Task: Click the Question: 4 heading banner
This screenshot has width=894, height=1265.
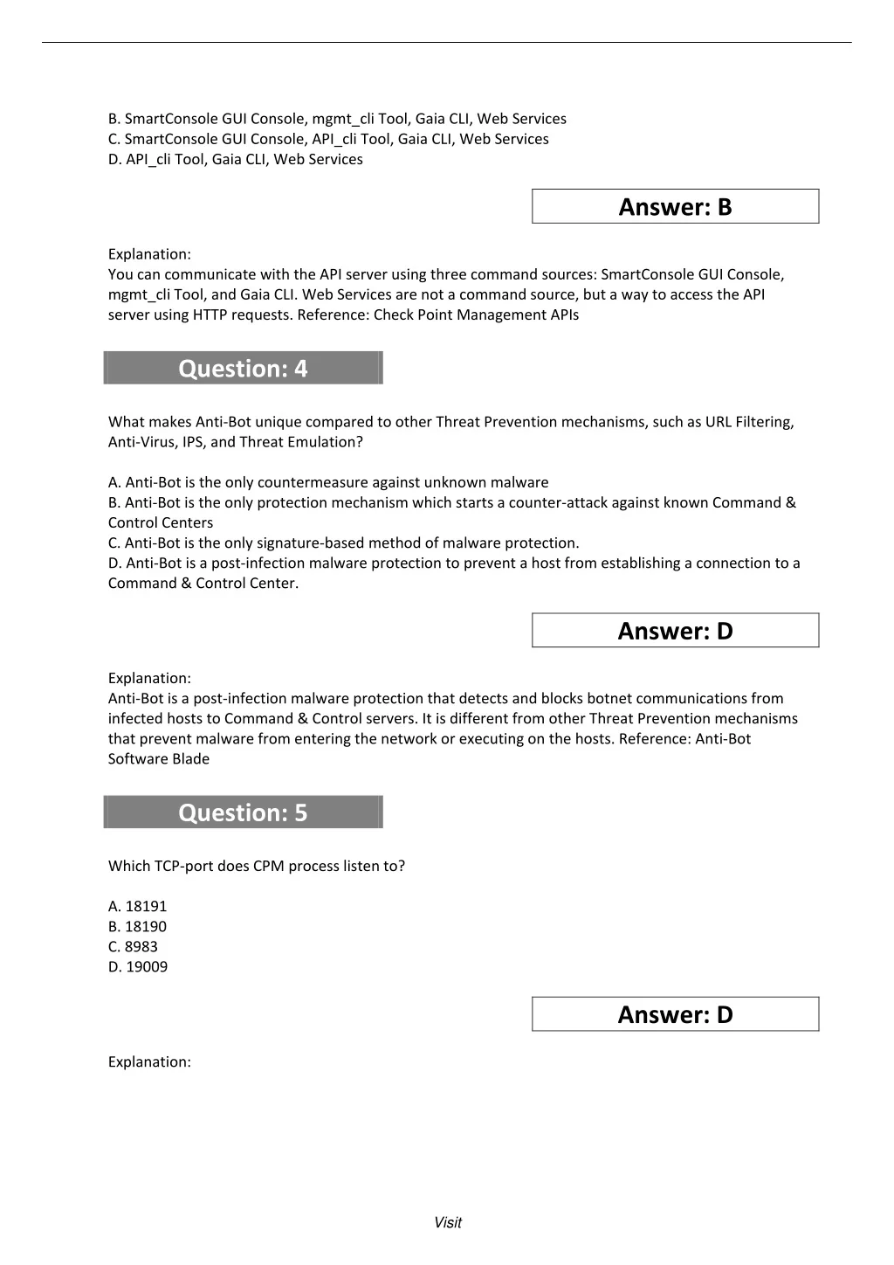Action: point(243,369)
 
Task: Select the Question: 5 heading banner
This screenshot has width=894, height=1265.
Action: point(243,812)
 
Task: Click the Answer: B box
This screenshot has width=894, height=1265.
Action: point(675,207)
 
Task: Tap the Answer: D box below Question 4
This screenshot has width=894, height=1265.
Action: point(675,631)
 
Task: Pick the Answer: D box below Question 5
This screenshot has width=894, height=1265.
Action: point(675,1014)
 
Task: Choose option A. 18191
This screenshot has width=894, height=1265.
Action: point(137,907)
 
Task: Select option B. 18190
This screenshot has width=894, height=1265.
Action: point(137,927)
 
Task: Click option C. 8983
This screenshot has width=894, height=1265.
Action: point(133,947)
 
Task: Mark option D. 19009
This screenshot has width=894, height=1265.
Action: point(138,967)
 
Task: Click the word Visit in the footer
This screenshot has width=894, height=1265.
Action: point(447,1223)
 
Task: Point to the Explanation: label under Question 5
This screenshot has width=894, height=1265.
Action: point(149,1062)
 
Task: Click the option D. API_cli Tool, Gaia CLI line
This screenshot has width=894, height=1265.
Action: point(235,160)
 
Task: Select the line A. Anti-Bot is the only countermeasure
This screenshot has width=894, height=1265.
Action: point(328,482)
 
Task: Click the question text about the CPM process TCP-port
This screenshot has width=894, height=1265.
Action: point(257,867)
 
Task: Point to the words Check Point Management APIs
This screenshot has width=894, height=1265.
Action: point(476,315)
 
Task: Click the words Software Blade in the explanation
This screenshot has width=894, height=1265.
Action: point(159,759)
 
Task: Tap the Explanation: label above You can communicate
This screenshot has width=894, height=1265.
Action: point(149,254)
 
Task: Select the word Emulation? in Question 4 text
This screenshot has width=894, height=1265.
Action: point(331,442)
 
